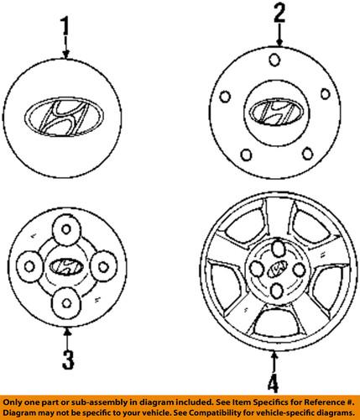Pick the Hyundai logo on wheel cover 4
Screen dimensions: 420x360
coord(275,270)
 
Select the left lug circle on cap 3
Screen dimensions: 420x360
coord(28,266)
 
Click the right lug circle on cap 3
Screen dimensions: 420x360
coord(104,266)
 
